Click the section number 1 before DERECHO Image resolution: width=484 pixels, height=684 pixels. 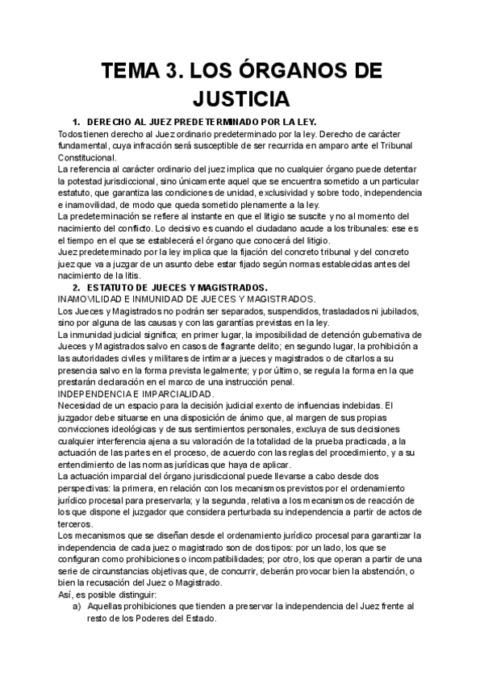pyautogui.click(x=76, y=122)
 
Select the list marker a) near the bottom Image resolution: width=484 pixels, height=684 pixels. pyautogui.click(x=77, y=607)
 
